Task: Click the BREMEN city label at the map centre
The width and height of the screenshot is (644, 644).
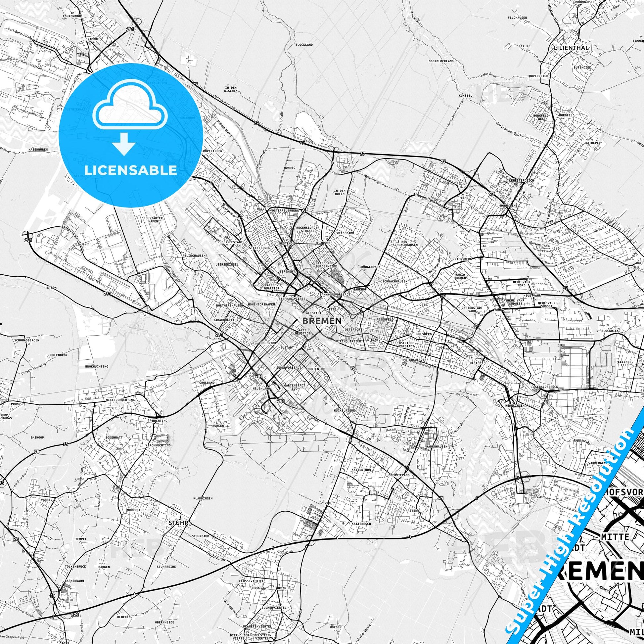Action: click(x=322, y=320)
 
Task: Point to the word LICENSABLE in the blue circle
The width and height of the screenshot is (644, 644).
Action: click(x=131, y=170)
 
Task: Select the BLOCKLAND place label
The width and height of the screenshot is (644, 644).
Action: click(x=304, y=44)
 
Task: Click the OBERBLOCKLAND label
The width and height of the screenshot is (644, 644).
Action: click(x=441, y=61)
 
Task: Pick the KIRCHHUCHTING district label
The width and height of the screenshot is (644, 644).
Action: click(x=158, y=445)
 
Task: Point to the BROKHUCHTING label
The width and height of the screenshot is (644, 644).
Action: click(x=97, y=366)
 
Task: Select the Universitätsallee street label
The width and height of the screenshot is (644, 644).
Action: click(x=429, y=200)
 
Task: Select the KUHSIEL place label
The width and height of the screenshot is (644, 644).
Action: click(x=465, y=95)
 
